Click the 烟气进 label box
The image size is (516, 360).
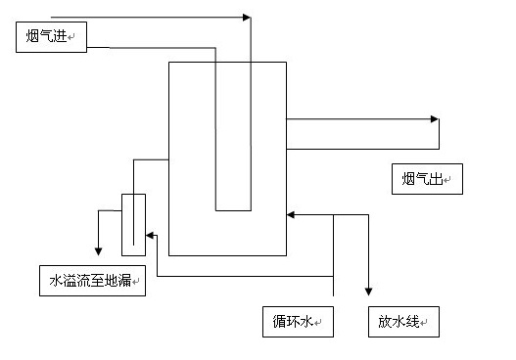coord(51,38)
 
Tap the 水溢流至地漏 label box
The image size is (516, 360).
coord(91,281)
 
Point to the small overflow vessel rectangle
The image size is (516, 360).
coord(133,223)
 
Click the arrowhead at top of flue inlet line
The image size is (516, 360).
coord(246,18)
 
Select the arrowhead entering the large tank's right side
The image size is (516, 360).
coord(291,214)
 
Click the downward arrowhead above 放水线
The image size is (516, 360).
coord(369,292)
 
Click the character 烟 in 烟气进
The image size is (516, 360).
coord(33,38)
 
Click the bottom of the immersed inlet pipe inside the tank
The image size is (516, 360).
coord(233,209)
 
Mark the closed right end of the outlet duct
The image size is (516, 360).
coord(439,133)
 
